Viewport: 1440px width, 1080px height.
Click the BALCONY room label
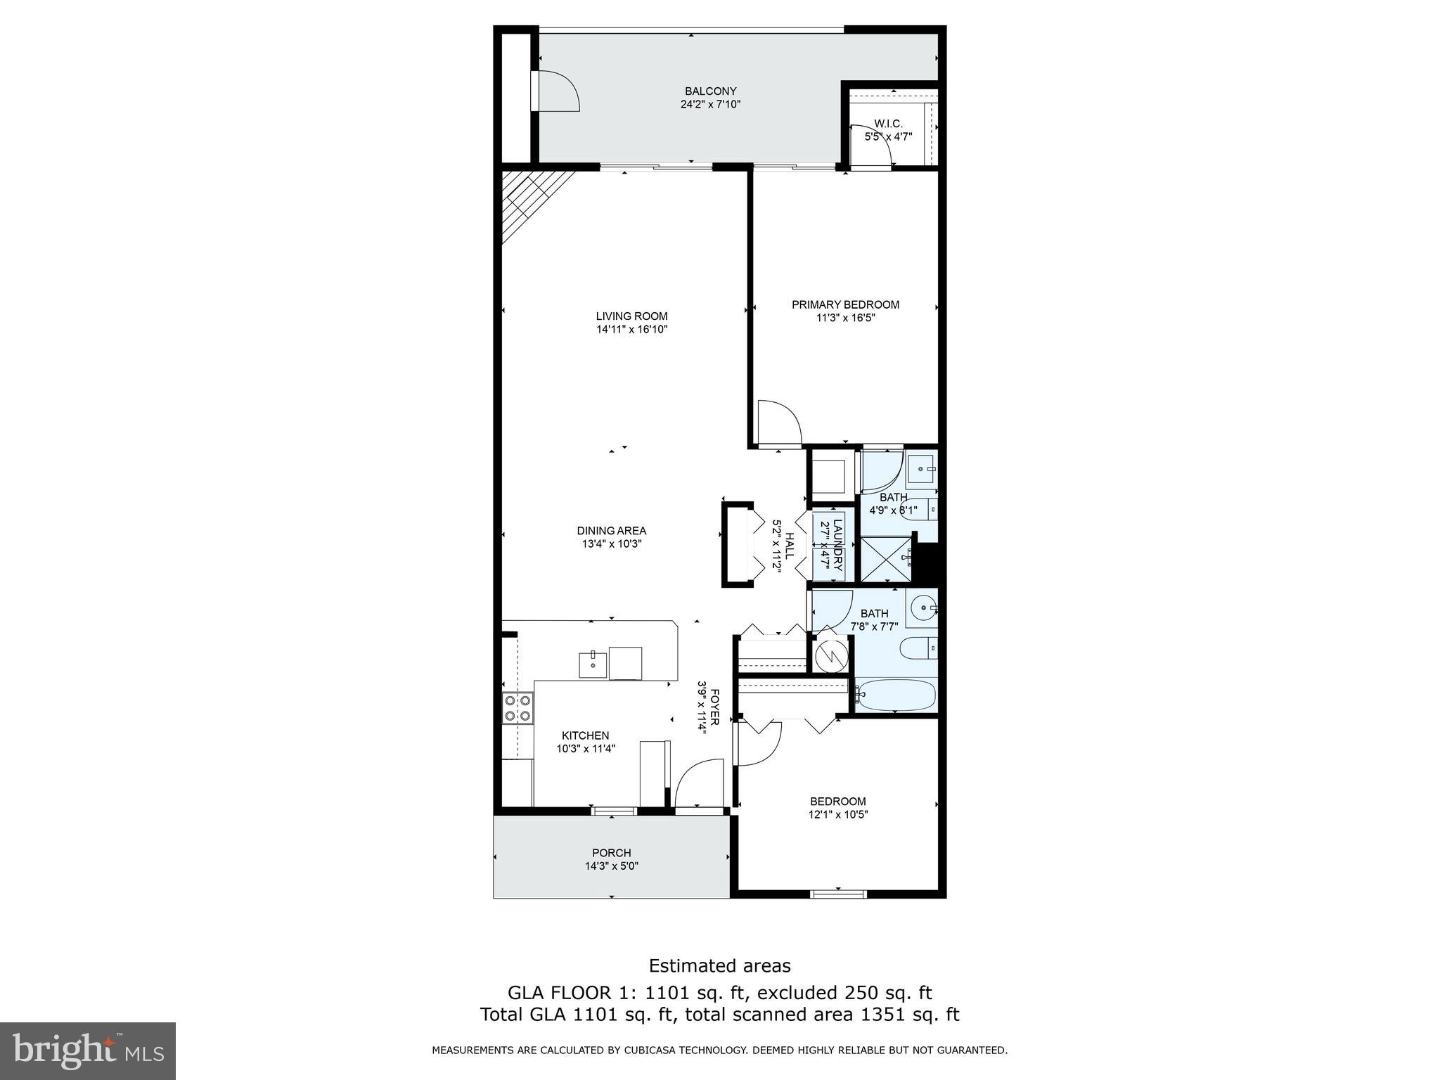pos(710,91)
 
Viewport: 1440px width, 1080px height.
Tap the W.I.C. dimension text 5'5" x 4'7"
pos(888,136)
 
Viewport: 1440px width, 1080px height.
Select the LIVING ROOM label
pos(631,316)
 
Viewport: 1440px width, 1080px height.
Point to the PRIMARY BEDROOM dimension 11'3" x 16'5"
pos(845,318)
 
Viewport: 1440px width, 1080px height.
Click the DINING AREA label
pos(611,531)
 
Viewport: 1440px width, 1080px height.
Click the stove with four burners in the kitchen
pos(517,708)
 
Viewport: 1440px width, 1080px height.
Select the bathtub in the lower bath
pos(896,695)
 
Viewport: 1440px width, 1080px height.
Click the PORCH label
pos(611,853)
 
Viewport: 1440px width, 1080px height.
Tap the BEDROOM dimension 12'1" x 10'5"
pos(837,815)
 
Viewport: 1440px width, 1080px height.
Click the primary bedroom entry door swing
pos(780,423)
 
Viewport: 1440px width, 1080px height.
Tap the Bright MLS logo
pos(87,1050)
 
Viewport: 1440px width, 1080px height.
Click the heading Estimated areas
pos(719,965)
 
